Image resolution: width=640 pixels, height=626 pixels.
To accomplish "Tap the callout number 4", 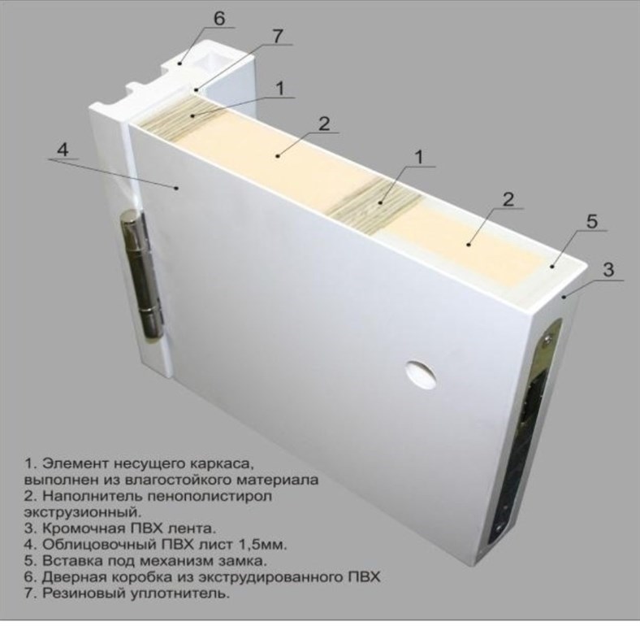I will (x=63, y=149).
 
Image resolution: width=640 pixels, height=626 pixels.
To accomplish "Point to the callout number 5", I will (x=592, y=221).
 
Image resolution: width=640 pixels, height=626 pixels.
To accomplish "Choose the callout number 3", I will (x=608, y=269).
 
